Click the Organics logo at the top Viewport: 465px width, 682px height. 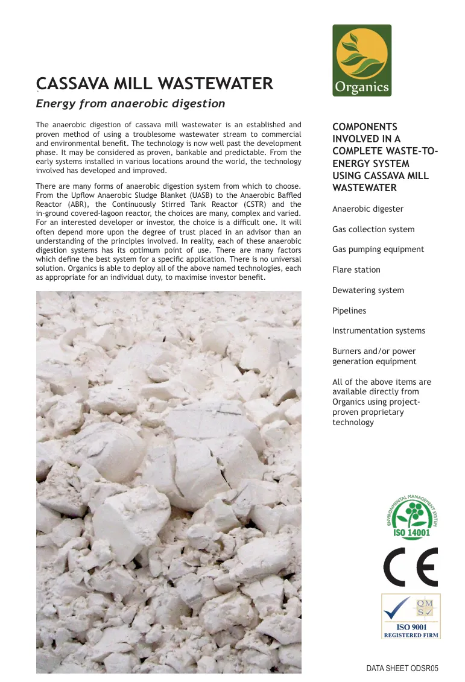pyautogui.click(x=362, y=60)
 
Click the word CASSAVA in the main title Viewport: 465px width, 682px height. pyautogui.click(x=71, y=84)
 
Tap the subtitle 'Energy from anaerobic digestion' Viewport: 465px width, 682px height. pyautogui.click(x=130, y=103)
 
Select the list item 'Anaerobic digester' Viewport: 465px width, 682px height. pyautogui.click(x=368, y=209)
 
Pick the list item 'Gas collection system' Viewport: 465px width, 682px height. pyautogui.click(x=373, y=229)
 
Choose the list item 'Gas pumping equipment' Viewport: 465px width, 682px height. pyautogui.click(x=378, y=250)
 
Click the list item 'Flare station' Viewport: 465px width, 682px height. pyautogui.click(x=356, y=270)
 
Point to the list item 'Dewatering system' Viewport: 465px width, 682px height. pyautogui.click(x=368, y=290)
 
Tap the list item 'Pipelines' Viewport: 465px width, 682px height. pyautogui.click(x=349, y=311)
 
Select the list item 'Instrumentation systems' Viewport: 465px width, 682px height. pyautogui.click(x=379, y=330)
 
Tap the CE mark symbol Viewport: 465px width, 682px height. pyautogui.click(x=411, y=567)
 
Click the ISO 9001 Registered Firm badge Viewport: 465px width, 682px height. pyautogui.click(x=411, y=616)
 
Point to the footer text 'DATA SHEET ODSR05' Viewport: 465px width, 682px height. pyautogui.click(x=402, y=669)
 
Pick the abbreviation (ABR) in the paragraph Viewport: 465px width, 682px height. pyautogui.click(x=76, y=204)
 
